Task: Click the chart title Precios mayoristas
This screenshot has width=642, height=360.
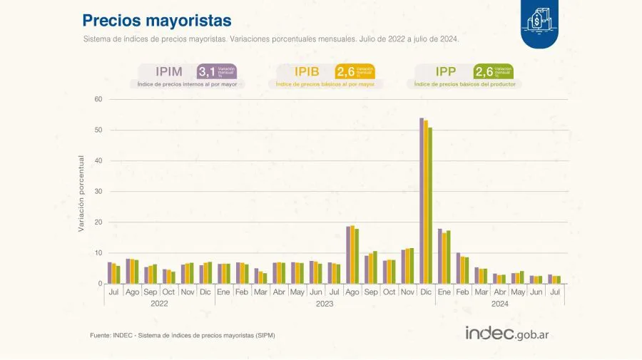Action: tap(156, 20)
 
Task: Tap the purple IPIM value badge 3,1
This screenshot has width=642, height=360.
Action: tap(207, 71)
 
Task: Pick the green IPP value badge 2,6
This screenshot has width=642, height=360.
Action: tap(484, 71)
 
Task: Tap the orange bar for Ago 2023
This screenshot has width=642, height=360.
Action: tap(352, 254)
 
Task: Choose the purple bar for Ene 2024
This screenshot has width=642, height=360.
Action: tap(440, 256)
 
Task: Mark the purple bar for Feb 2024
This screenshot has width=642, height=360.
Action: tap(458, 268)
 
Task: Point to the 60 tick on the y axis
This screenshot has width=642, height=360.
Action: tap(98, 99)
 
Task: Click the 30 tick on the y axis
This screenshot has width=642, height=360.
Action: tap(98, 192)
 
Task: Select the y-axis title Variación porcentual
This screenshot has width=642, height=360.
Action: tap(81, 193)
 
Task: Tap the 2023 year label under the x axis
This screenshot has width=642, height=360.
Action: tap(325, 304)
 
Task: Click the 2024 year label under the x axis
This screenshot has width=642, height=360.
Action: tap(499, 304)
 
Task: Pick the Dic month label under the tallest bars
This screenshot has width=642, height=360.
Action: tap(426, 292)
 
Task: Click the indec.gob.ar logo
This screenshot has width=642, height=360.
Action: tap(511, 333)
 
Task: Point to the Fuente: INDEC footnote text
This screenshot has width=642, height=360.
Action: tap(182, 335)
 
